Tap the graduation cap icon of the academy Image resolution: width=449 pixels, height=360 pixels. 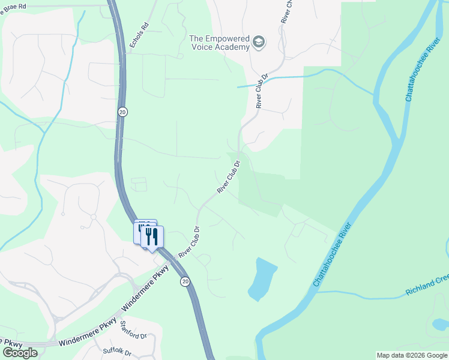click(259, 42)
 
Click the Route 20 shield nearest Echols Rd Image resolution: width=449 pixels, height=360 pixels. click(122, 112)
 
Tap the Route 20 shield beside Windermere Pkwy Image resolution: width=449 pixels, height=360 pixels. click(185, 281)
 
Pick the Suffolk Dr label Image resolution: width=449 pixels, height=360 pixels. click(116, 350)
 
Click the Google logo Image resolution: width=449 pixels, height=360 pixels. click(20, 353)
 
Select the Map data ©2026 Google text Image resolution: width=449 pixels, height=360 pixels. click(411, 355)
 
